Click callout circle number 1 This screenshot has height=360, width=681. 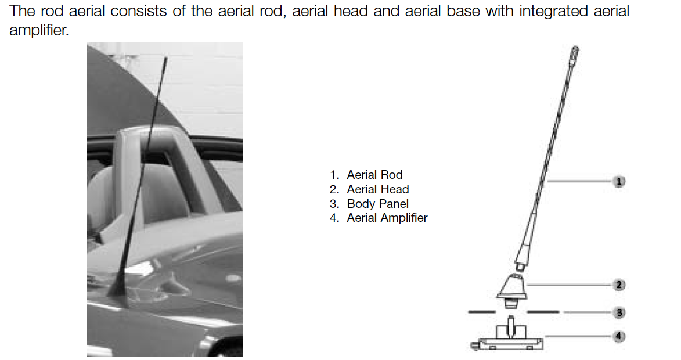pos(619,182)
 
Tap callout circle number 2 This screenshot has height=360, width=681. pos(619,285)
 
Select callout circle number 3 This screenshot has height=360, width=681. pos(619,312)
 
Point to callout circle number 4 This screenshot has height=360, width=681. pos(619,336)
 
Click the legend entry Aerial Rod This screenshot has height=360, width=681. pos(366,175)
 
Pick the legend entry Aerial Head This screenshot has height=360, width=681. pos(369,189)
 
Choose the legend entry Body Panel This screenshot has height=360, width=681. pos(369,204)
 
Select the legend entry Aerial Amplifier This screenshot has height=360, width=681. pos(379,218)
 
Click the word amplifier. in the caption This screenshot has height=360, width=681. pos(39,30)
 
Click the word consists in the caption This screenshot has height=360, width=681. pos(139,11)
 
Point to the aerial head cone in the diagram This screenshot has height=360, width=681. pos(512,287)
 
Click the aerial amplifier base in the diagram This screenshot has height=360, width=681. pos(507,337)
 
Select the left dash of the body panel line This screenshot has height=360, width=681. pos(482,312)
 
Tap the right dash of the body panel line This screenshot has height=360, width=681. pos(543,312)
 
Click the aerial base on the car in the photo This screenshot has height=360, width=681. pos(116,290)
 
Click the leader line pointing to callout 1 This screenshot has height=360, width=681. pos(580,182)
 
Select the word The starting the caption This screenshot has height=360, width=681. pos(22,11)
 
